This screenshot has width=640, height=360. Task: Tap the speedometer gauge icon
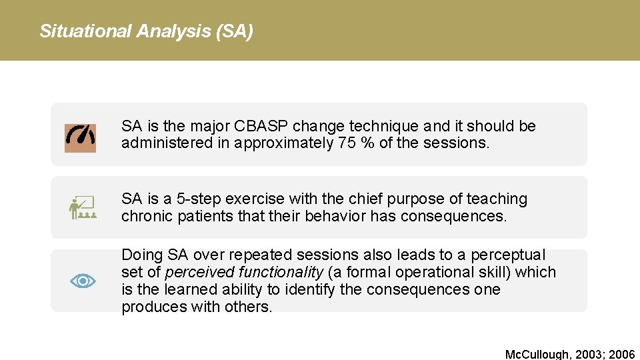point(80,138)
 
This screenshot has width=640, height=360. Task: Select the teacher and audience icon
point(83,207)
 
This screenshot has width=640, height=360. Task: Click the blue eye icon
point(83,281)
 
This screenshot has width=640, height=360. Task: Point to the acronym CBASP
point(265,126)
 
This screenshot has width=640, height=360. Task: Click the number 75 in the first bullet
point(345,143)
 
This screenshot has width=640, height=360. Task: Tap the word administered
point(160,143)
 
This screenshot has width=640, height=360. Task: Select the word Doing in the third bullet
point(142,255)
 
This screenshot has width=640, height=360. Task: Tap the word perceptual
point(508,255)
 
